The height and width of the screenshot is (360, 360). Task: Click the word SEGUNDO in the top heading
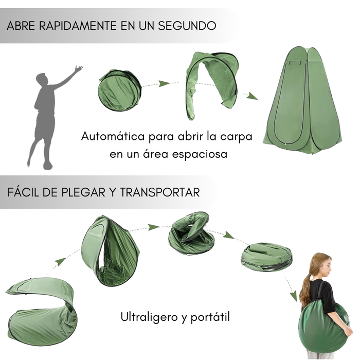[187, 26]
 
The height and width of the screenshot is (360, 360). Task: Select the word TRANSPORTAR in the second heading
[160, 192]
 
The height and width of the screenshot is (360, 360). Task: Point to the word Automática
[113, 136]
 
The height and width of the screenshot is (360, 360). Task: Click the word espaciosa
[200, 154]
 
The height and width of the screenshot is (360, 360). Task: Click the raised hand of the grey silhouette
[79, 68]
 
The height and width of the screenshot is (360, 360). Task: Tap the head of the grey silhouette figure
[42, 79]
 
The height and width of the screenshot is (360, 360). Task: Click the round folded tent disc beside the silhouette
[120, 90]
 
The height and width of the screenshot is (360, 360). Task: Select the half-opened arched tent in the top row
[211, 85]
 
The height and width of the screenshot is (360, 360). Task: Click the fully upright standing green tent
[302, 100]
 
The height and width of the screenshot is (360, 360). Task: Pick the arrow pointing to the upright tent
[252, 96]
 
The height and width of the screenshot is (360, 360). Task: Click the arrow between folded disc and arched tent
[165, 83]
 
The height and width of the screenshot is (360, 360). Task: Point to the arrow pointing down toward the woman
[291, 288]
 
